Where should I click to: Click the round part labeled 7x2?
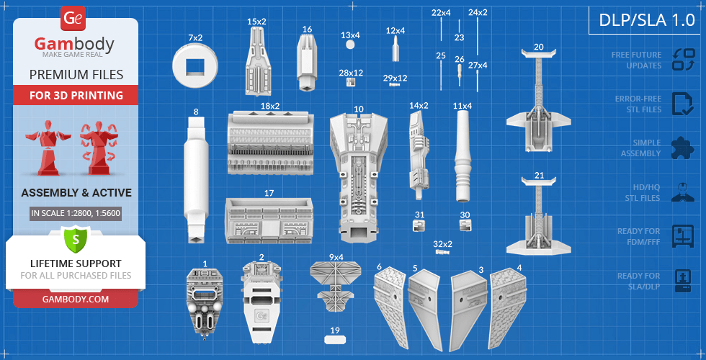(195, 66)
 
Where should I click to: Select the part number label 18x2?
(269, 106)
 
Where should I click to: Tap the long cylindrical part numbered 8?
(195, 177)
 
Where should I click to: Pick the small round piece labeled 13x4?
(350, 45)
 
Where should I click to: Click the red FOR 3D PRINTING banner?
(76, 95)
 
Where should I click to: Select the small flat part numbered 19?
(335, 340)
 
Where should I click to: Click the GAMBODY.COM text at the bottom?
(76, 299)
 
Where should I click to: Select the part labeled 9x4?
(336, 284)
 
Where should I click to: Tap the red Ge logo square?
(75, 19)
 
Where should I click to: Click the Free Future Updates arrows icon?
(682, 59)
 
